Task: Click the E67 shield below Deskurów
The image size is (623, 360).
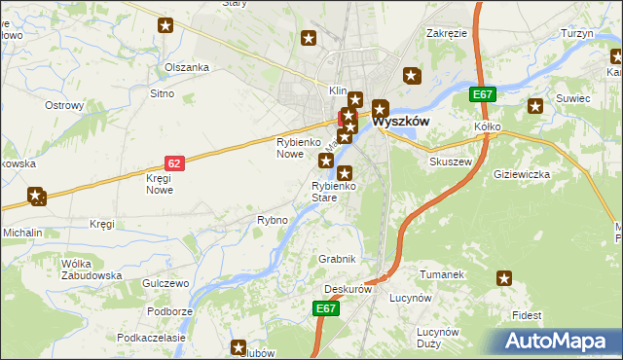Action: coord(327,308)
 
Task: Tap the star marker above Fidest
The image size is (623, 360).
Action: coord(504,279)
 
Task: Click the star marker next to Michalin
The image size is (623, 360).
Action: coord(37,197)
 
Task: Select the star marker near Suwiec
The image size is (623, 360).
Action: coord(534,107)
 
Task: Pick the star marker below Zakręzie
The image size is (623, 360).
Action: coord(412,75)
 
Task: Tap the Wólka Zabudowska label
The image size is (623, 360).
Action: coord(91,270)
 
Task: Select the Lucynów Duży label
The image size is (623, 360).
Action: coord(437,338)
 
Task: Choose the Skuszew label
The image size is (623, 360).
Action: coord(451,162)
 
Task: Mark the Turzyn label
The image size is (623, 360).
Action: coord(577,33)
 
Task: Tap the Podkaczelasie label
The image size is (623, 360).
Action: coord(151,337)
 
